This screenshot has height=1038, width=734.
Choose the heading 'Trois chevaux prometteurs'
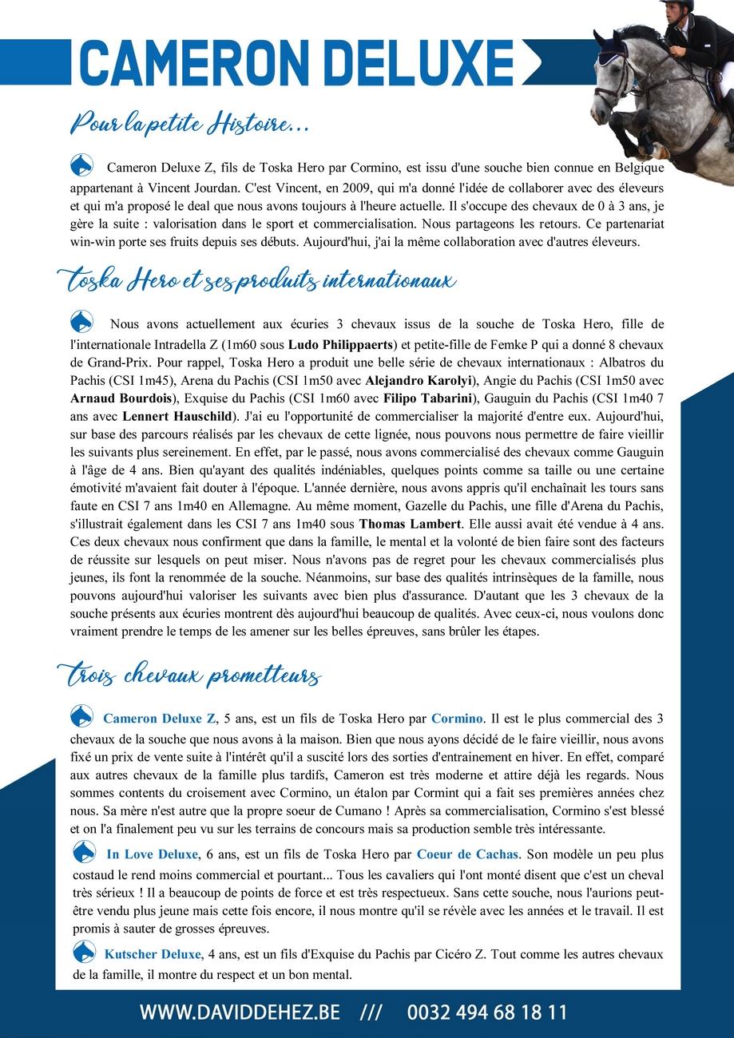(189, 675)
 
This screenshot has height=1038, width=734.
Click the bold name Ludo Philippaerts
(341, 345)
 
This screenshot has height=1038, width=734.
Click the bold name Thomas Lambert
(409, 524)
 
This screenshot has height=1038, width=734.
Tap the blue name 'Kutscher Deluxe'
(153, 954)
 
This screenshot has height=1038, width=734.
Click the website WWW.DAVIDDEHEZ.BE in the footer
(240, 1012)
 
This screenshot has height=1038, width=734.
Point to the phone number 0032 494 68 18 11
(487, 1012)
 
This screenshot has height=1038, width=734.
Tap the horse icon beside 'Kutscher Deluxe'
(84, 952)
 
